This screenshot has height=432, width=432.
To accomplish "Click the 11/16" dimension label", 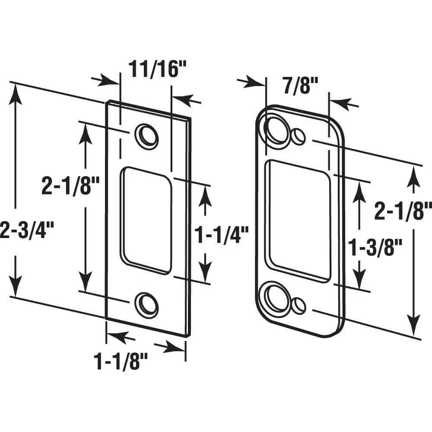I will (153, 70).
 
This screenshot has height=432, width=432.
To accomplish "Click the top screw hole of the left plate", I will (146, 136).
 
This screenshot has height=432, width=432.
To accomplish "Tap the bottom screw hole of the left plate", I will (146, 304).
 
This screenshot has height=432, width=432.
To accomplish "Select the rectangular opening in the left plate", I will (145, 220).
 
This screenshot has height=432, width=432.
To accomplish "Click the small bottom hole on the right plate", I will (298, 305).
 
